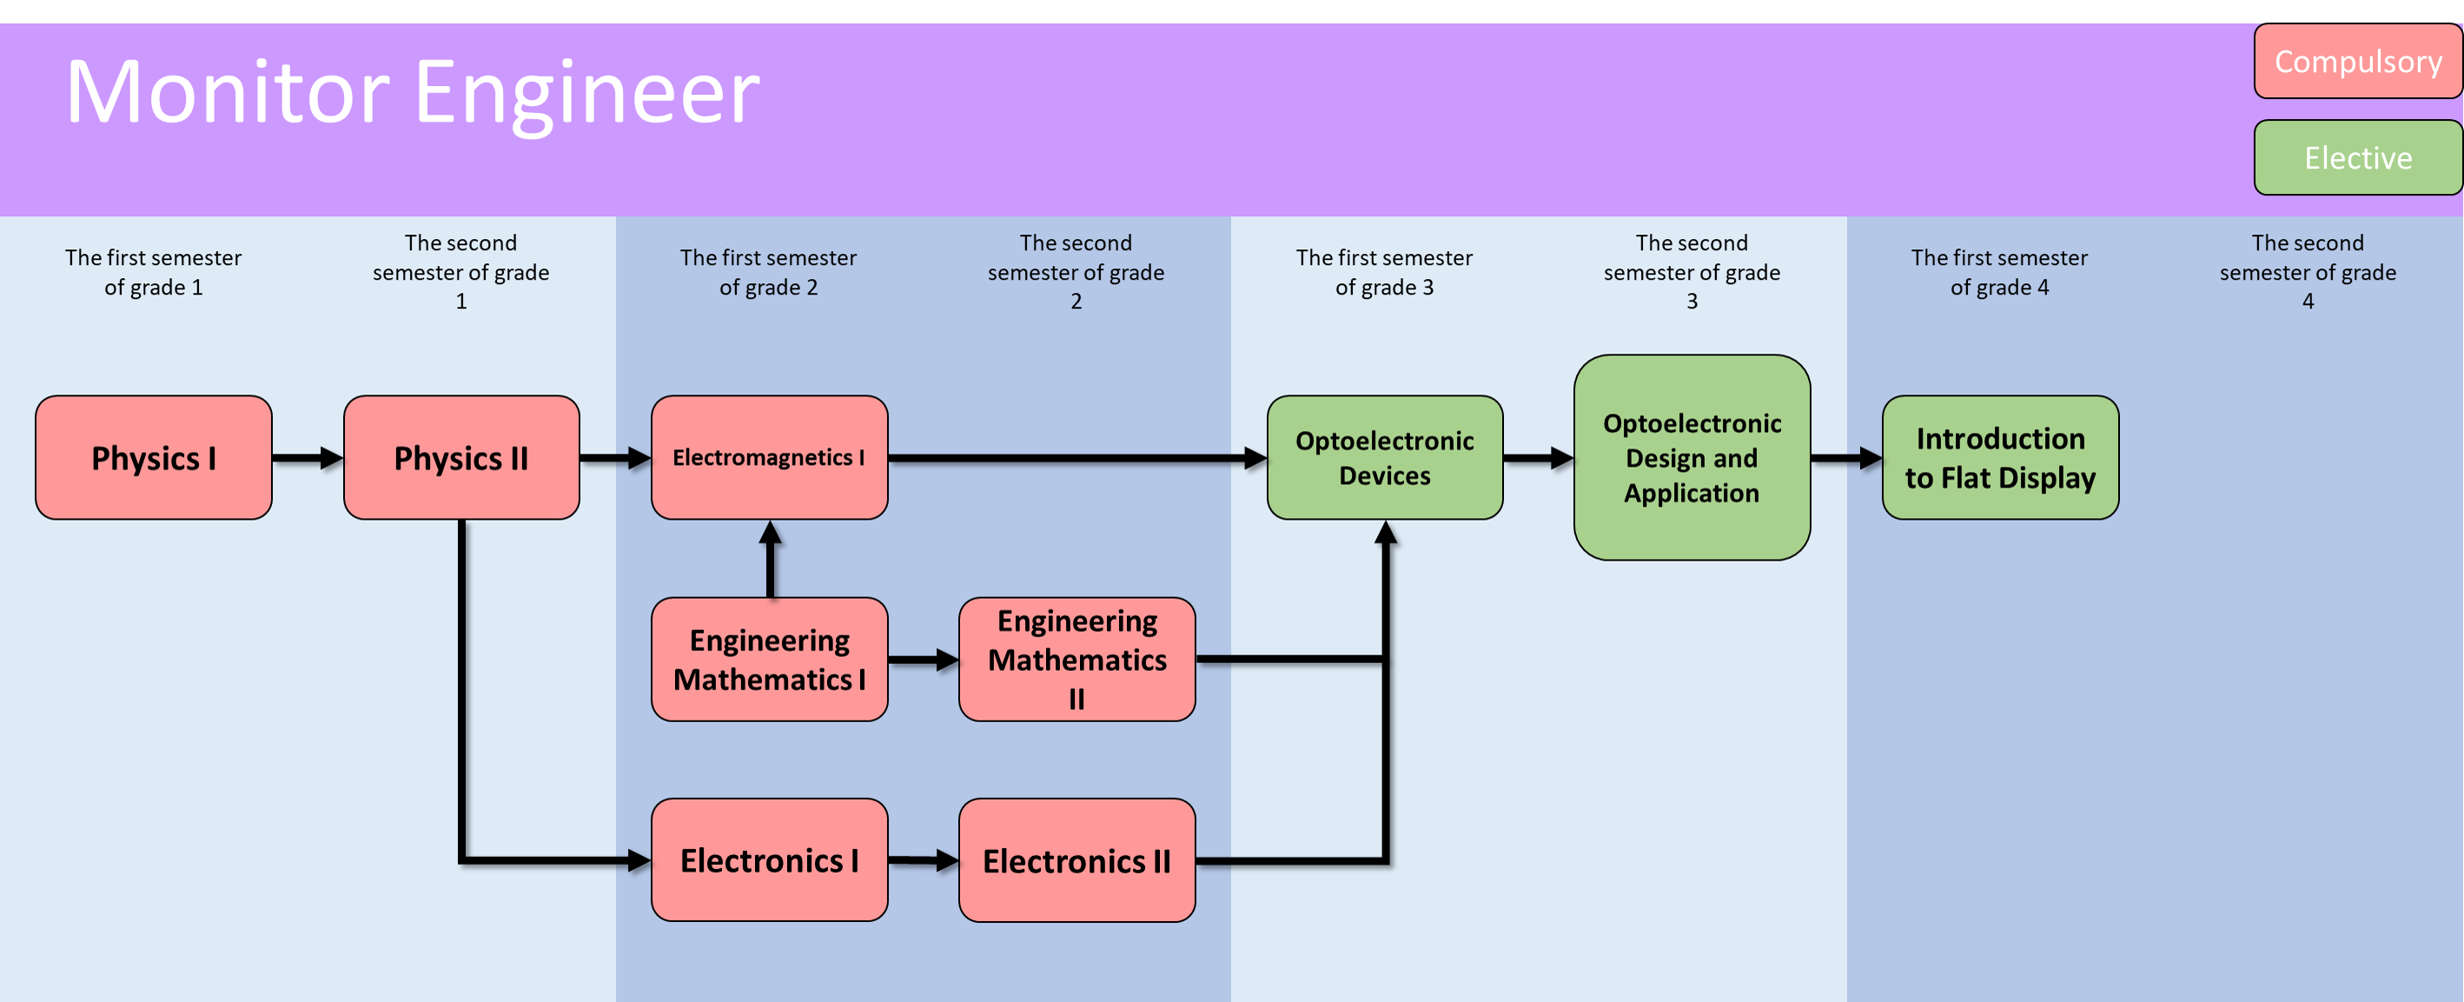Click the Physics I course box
[153, 457]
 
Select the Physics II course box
[461, 457]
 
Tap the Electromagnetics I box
[769, 457]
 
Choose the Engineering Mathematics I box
[769, 660]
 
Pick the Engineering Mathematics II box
[1077, 660]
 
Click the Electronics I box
[769, 860]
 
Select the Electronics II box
[1077, 860]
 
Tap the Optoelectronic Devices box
[1384, 457]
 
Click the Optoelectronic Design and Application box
[1691, 457]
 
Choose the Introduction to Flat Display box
[2000, 457]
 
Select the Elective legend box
[2357, 158]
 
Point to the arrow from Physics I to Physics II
[307, 457]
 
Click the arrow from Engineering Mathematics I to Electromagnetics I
[770, 559]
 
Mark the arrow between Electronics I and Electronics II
[923, 860]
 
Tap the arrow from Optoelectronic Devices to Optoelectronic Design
[1538, 457]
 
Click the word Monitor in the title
[228, 92]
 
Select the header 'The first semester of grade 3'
[1384, 272]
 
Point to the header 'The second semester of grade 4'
[2307, 272]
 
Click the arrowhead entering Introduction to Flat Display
[1871, 457]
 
